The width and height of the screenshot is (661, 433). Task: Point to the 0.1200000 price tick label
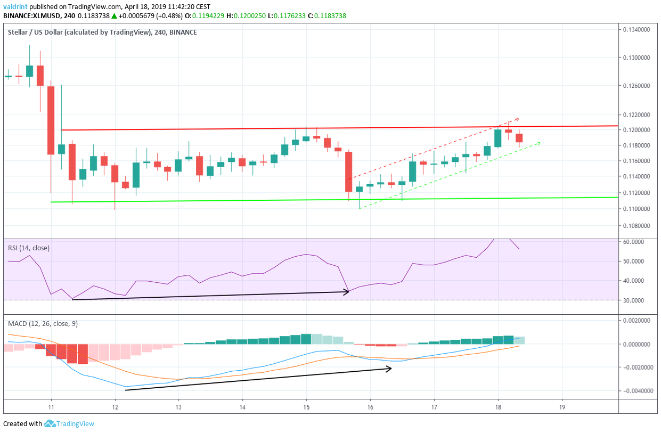(637, 130)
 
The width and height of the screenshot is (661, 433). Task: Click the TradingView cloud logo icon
(50, 424)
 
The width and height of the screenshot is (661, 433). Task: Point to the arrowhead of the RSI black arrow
(347, 291)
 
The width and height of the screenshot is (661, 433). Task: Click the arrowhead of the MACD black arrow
(389, 368)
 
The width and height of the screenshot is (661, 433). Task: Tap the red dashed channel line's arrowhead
(516, 118)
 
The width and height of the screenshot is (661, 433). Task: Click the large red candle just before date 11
(51, 120)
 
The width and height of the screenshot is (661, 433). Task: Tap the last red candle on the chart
(519, 138)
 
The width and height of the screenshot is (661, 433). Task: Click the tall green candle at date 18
(498, 138)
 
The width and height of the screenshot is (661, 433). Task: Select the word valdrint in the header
(14, 7)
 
